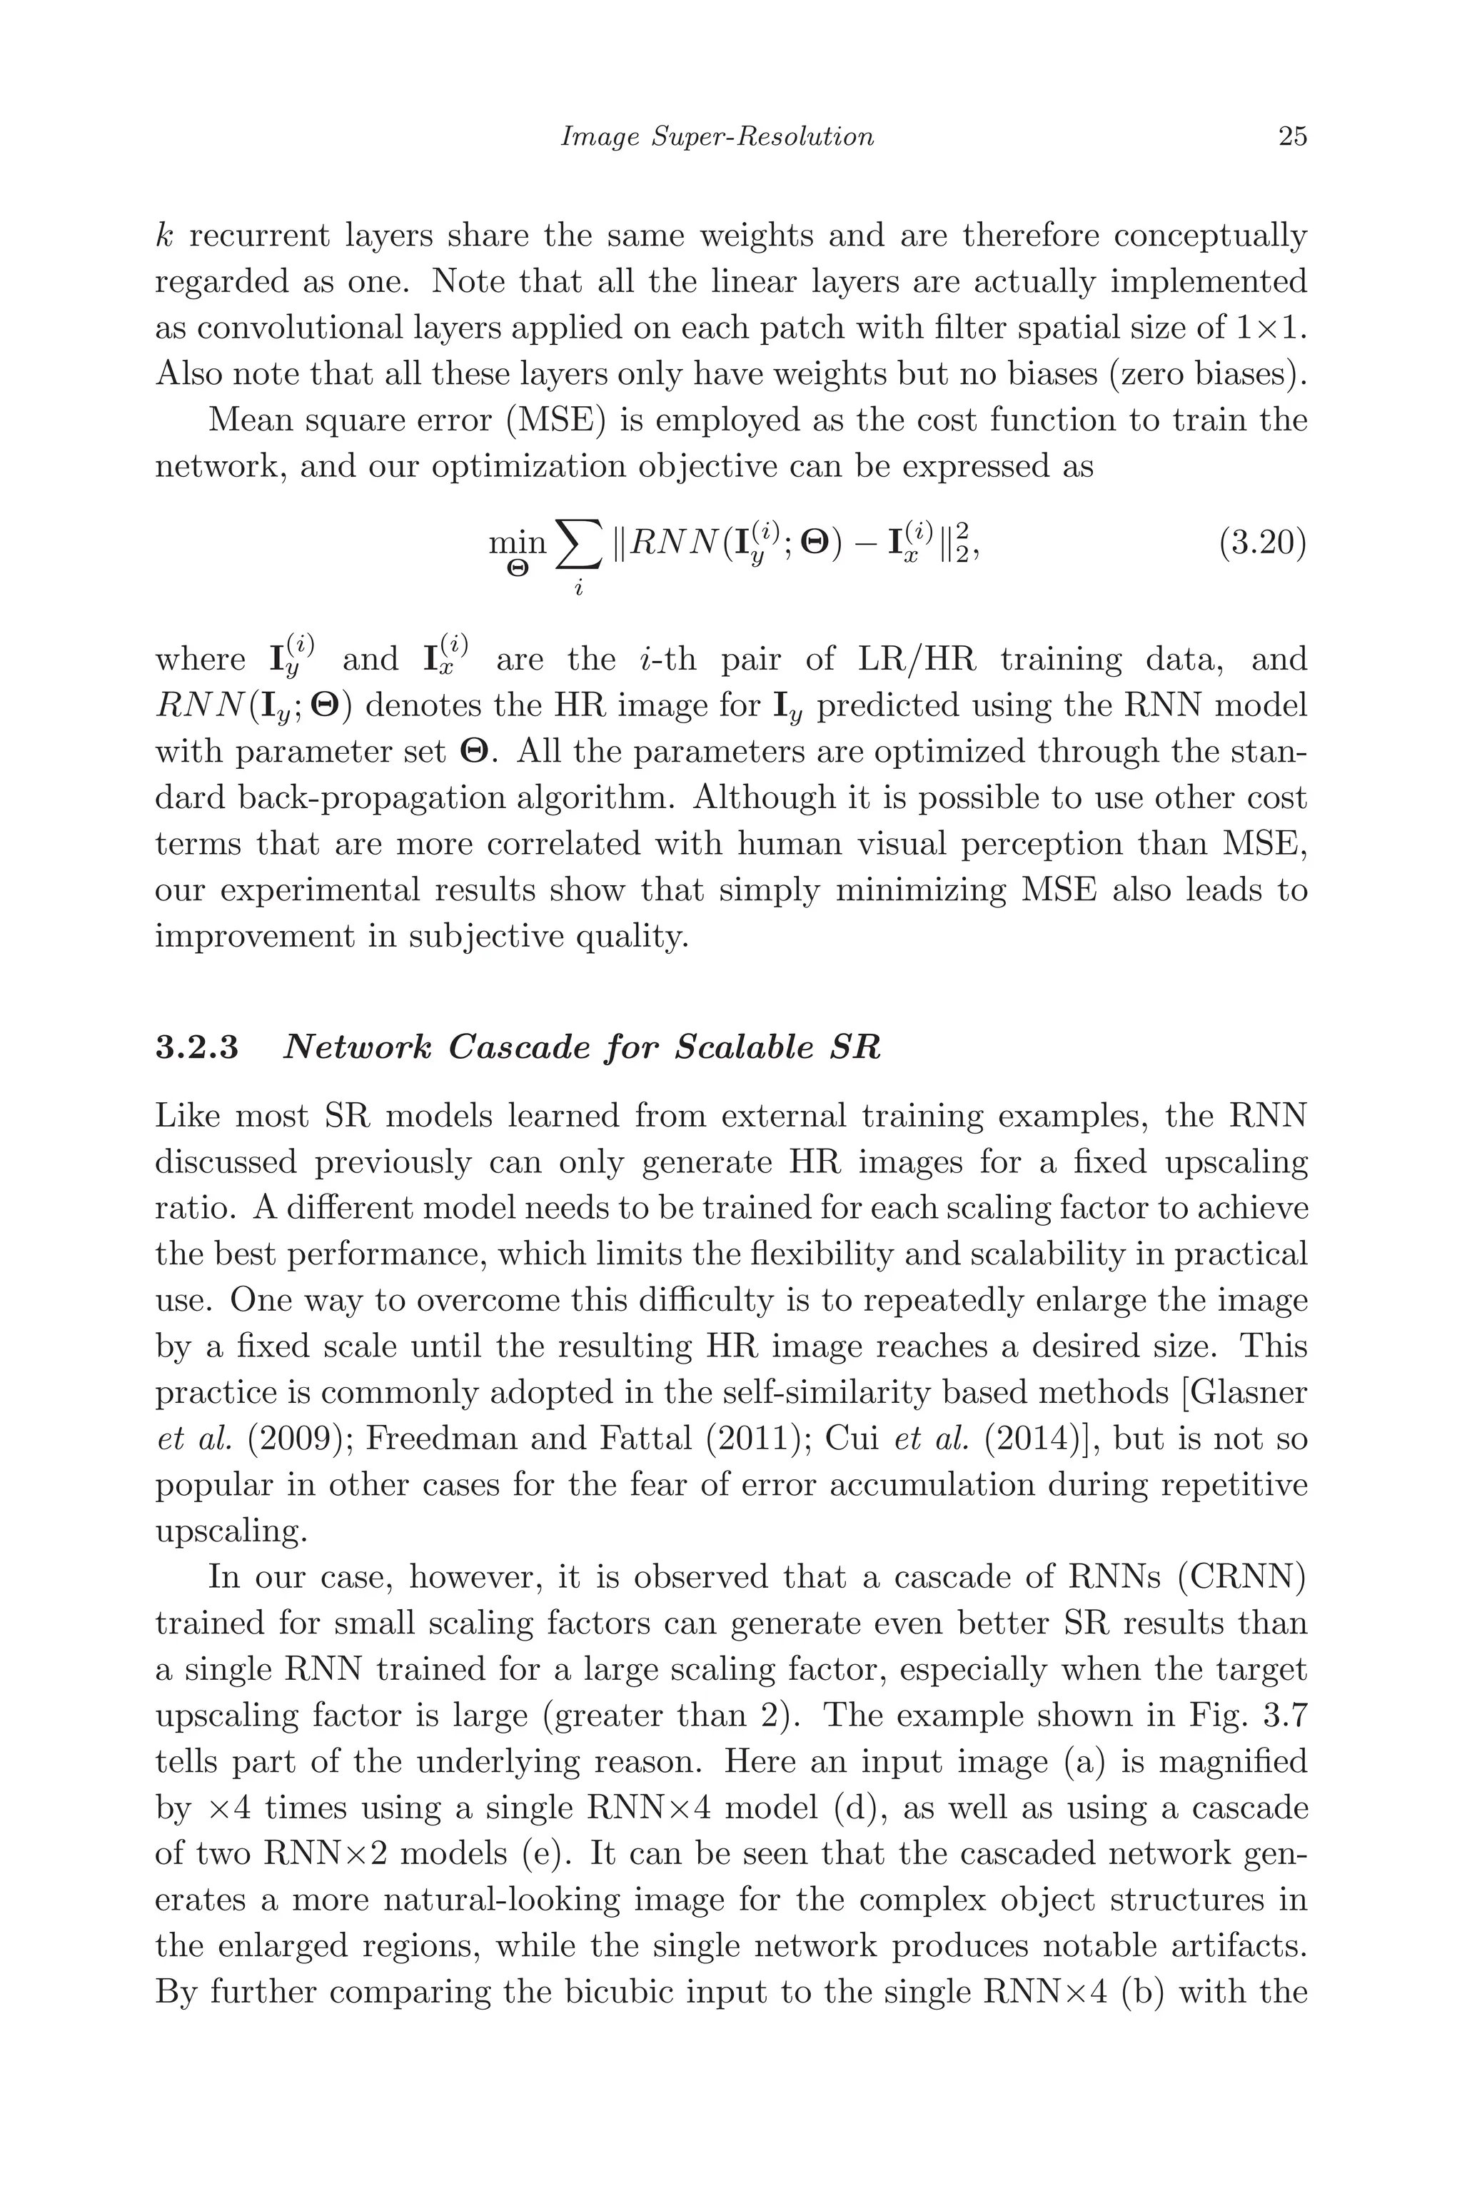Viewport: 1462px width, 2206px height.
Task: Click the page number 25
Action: tap(1292, 137)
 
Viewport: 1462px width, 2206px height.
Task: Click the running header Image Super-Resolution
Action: tap(717, 137)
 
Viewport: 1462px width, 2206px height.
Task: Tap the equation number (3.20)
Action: tap(1262, 542)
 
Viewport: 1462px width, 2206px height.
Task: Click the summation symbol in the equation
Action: tap(578, 545)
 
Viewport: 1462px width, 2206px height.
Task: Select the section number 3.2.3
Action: tap(197, 1048)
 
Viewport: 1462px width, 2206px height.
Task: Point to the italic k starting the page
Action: tap(164, 236)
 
